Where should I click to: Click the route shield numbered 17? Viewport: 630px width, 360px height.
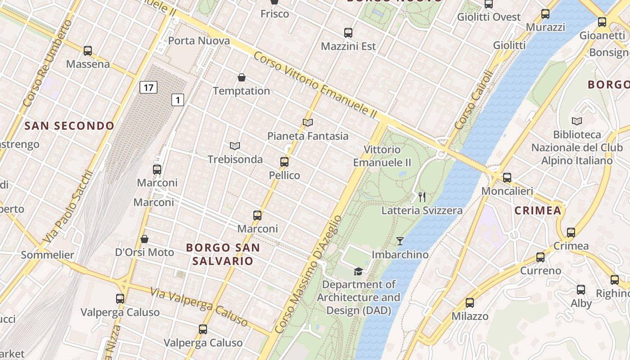[x=148, y=87]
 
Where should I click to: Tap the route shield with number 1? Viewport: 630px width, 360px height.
[x=178, y=100]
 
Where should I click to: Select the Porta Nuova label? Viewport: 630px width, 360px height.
[x=199, y=41]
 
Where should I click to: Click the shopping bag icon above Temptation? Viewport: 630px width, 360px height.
[x=242, y=77]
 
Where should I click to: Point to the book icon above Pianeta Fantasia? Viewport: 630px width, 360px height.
[x=308, y=122]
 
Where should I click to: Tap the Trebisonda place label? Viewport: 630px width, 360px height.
[x=235, y=159]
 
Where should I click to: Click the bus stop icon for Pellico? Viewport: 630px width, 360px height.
[x=284, y=162]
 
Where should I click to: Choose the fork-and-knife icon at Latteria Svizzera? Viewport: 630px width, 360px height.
[x=422, y=197]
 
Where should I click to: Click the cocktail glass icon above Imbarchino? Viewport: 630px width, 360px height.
[x=400, y=241]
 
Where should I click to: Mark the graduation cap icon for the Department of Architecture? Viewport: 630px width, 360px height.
[x=358, y=271]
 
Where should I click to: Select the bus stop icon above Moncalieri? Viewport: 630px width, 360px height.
[x=507, y=178]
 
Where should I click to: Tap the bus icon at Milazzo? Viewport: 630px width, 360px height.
[x=470, y=303]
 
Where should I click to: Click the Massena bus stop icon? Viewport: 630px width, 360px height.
[x=88, y=51]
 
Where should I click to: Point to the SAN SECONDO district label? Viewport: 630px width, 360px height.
[x=69, y=126]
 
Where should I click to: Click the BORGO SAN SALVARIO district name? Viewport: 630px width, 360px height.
[x=223, y=254]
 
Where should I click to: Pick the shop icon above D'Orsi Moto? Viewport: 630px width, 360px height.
[x=144, y=239]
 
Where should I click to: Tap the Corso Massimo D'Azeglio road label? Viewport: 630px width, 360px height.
[x=308, y=274]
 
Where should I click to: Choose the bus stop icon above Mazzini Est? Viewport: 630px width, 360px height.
[x=348, y=33]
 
